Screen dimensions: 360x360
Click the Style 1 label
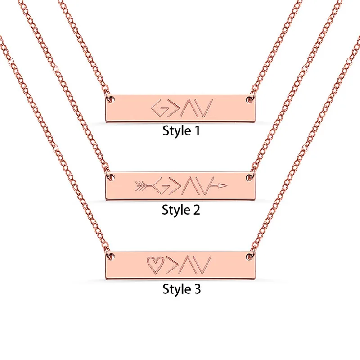[180, 131]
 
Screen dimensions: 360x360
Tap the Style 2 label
[180, 209]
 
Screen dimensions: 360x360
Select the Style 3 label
[180, 288]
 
